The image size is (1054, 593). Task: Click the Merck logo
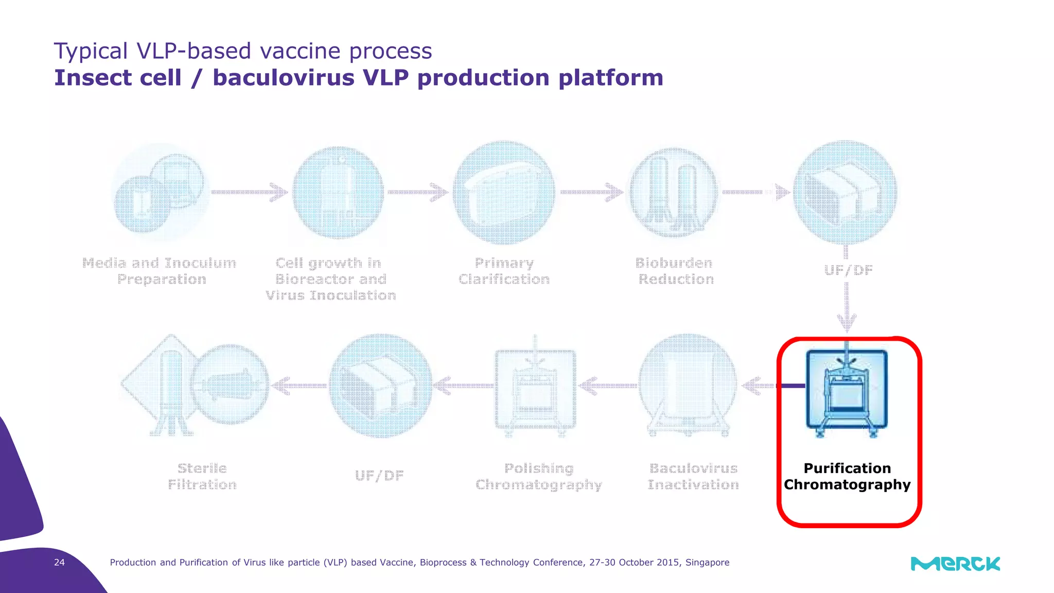[955, 564]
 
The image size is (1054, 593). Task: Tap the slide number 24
[60, 562]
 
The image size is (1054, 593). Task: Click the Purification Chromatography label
[847, 476]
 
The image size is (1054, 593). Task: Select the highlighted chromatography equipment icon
[847, 391]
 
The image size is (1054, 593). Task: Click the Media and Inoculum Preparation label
[160, 271]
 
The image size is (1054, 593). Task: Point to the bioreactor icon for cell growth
[338, 193]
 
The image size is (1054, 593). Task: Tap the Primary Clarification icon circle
[504, 193]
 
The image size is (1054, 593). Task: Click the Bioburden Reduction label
[675, 271]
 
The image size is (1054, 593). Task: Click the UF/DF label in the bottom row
[379, 475]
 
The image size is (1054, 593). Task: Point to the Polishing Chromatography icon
[535, 389]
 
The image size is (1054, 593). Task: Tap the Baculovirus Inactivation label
[693, 476]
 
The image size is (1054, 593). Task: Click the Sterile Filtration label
[202, 476]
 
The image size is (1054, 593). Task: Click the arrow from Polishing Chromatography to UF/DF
[463, 385]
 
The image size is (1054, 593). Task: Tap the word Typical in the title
[91, 51]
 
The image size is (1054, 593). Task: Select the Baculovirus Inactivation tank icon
[688, 386]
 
